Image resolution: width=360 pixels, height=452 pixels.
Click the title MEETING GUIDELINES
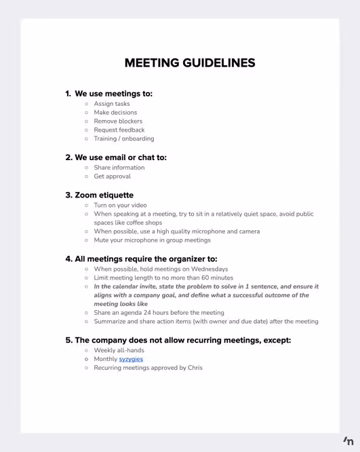(190, 63)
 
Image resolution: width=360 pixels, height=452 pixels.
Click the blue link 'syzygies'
(131, 359)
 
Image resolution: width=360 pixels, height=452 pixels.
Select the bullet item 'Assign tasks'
(112, 104)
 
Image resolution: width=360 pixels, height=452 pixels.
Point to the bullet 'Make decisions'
(115, 113)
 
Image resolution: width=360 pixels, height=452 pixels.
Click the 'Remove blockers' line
(118, 121)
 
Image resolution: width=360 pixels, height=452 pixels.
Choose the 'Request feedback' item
(119, 130)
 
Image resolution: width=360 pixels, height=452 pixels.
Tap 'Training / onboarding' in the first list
(124, 138)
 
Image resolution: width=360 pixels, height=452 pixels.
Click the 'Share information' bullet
(119, 168)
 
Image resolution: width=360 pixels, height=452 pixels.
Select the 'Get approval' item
(113, 176)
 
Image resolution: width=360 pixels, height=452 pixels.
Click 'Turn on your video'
(120, 205)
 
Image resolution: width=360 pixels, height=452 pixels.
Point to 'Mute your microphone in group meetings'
(152, 240)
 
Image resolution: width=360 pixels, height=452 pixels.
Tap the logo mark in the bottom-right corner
(348, 440)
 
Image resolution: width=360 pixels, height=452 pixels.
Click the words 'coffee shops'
(142, 223)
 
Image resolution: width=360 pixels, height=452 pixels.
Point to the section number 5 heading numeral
(68, 340)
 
